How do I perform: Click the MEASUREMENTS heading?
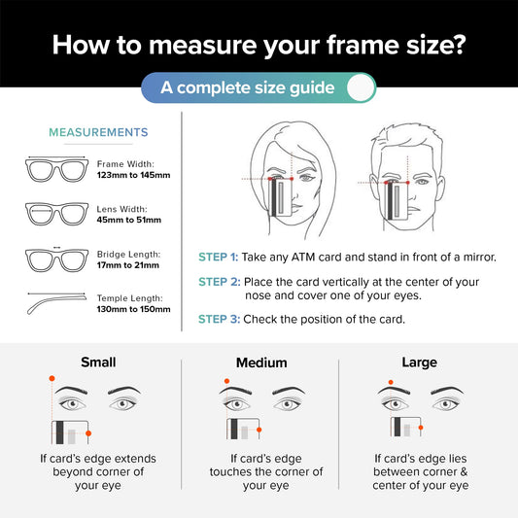(98, 132)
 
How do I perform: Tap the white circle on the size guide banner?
(361, 87)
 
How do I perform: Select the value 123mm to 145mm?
(133, 175)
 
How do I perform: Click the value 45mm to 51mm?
(129, 220)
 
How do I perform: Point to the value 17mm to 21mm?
(128, 265)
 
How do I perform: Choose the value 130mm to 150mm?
(133, 310)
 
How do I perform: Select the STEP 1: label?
(218, 257)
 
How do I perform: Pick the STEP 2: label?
(220, 282)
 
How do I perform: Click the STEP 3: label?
(219, 320)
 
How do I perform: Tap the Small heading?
(98, 363)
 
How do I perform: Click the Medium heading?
(261, 363)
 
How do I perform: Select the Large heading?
(420, 363)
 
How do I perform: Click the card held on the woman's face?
(281, 197)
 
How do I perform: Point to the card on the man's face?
(397, 201)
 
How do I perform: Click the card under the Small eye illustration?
(70, 432)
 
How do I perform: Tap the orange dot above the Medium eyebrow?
(226, 381)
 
